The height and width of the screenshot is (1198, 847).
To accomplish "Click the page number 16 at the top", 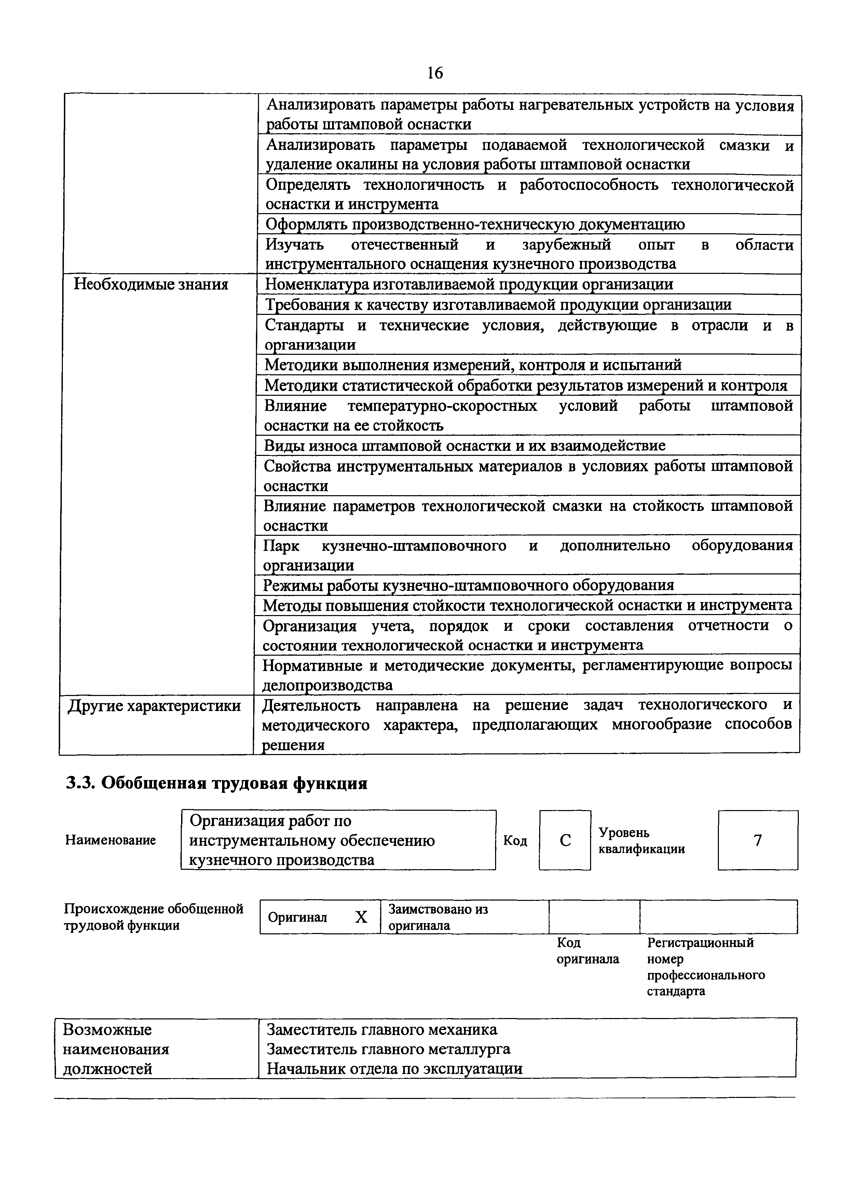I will (x=434, y=73).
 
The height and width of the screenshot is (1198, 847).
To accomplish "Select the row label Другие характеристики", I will (x=154, y=706).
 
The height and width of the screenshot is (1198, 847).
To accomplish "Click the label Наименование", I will (x=111, y=840).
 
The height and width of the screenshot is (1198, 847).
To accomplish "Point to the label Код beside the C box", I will (x=515, y=840).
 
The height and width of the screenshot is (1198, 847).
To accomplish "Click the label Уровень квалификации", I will (x=641, y=840).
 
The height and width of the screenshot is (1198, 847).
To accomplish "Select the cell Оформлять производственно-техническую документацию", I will (x=475, y=224).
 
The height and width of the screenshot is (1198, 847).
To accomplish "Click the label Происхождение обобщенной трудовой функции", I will (x=153, y=917).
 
